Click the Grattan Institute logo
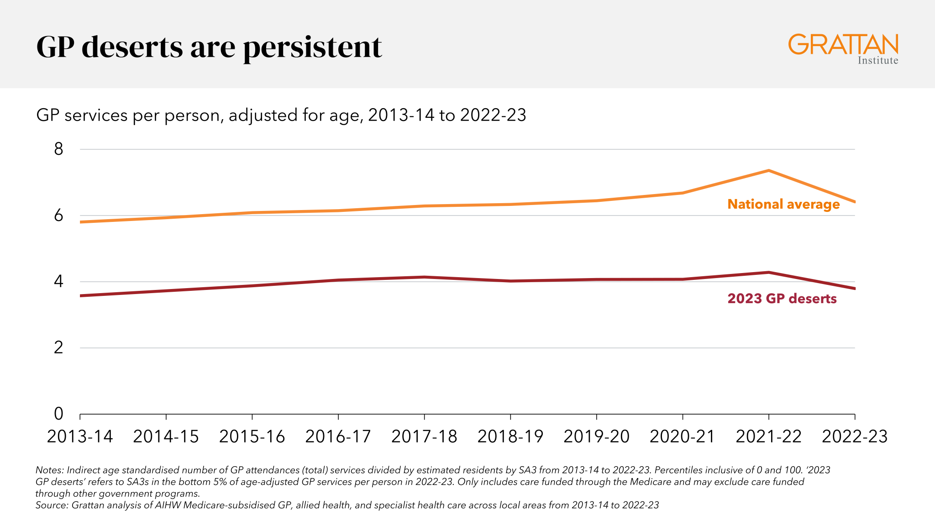tap(843, 49)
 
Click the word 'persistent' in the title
tap(313, 48)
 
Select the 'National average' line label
tap(783, 204)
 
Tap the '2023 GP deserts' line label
tap(782, 299)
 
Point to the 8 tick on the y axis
tap(58, 149)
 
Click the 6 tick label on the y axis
tap(58, 216)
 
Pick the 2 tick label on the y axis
tap(58, 348)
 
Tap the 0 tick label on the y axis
tap(58, 414)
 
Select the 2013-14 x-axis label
tap(80, 437)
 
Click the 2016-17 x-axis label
tap(338, 437)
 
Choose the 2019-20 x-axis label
tap(597, 437)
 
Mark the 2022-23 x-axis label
tap(855, 437)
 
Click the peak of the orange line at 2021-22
tap(769, 170)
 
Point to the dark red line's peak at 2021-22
tap(769, 273)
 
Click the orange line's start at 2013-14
tap(80, 222)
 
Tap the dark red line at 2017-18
tap(425, 277)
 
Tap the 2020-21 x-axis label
tap(683, 437)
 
